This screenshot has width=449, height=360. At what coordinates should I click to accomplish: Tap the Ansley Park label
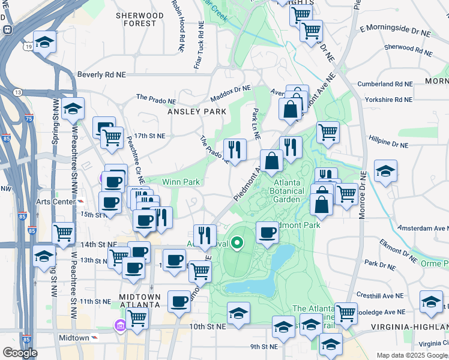tap(197, 112)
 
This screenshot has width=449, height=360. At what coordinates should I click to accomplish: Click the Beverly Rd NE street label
tap(101, 75)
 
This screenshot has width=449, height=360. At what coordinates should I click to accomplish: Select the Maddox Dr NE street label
tap(230, 94)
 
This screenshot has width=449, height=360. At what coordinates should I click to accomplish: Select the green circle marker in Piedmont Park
tap(237, 243)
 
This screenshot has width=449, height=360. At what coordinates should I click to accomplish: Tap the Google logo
tap(19, 353)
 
